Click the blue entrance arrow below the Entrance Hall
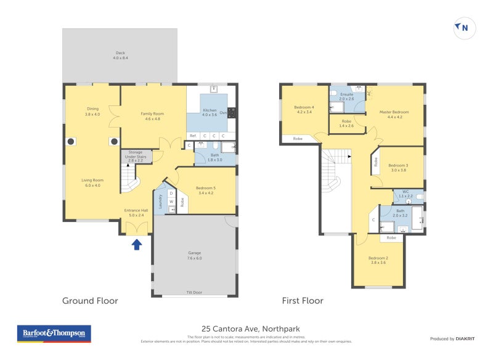(x=137, y=245)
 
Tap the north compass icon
(x=462, y=27)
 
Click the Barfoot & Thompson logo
(x=54, y=333)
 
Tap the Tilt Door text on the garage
(x=195, y=292)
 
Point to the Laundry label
(x=160, y=201)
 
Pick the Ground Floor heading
(x=90, y=301)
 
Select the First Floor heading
(x=303, y=301)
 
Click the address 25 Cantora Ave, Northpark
(x=250, y=329)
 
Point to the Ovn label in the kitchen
(x=224, y=113)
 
